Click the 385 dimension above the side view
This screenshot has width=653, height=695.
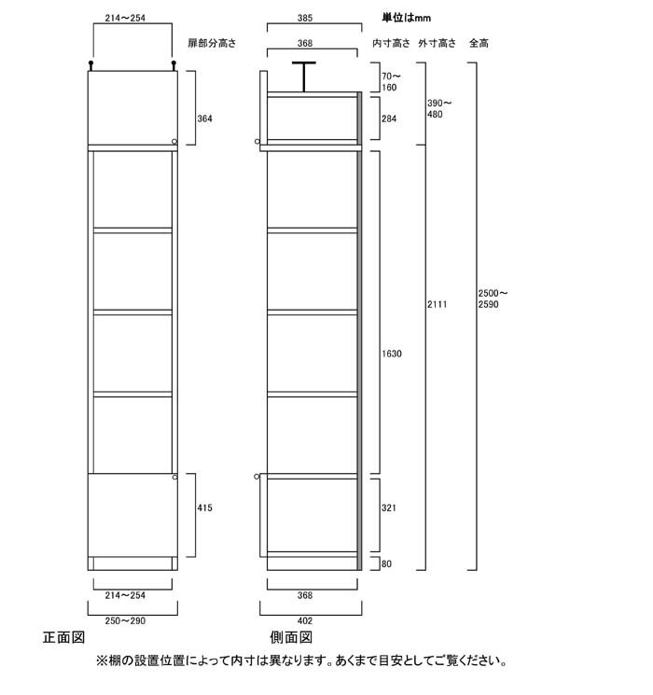pyautogui.click(x=305, y=18)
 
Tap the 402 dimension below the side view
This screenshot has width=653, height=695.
pyautogui.click(x=305, y=621)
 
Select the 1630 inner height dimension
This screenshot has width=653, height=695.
pyautogui.click(x=392, y=354)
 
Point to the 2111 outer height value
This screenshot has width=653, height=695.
pyautogui.click(x=438, y=304)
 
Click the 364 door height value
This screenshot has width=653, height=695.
pyautogui.click(x=205, y=118)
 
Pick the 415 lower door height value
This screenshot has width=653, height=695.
pyautogui.click(x=205, y=507)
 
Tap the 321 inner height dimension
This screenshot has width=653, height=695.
pyautogui.click(x=389, y=507)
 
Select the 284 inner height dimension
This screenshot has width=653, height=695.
pyautogui.click(x=389, y=118)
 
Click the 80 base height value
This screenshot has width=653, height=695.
pyautogui.click(x=386, y=563)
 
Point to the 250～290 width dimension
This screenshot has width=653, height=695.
pyautogui.click(x=125, y=621)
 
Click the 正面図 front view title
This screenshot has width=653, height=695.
pyautogui.click(x=63, y=637)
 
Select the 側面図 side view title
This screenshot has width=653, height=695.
pyautogui.click(x=291, y=637)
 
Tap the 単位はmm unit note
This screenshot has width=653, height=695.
pyautogui.click(x=407, y=18)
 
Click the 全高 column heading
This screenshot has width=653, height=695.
pyautogui.click(x=479, y=44)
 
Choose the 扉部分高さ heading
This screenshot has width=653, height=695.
pyautogui.click(x=212, y=44)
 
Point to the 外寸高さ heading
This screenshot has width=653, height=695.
pyautogui.click(x=438, y=44)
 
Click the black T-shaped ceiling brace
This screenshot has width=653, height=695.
pyautogui.click(x=304, y=76)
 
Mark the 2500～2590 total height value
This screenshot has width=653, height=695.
pyautogui.click(x=493, y=299)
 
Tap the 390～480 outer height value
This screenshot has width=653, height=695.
pyautogui.click(x=439, y=108)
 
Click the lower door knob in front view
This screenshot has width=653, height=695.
pyautogui.click(x=174, y=477)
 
